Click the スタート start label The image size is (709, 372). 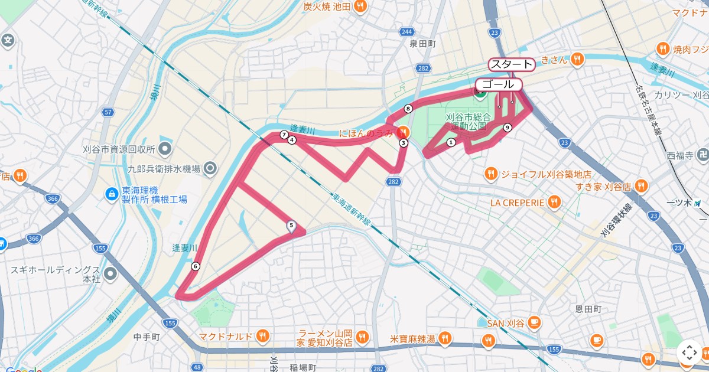(512, 64)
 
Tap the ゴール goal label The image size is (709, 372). (499, 84)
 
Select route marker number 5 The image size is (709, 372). (291, 225)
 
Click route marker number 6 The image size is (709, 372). (196, 266)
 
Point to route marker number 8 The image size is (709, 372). (408, 109)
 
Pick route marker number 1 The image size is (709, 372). (451, 142)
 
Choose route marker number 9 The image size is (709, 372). (507, 128)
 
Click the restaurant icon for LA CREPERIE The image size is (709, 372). (554, 203)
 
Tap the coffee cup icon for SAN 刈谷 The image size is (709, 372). (535, 322)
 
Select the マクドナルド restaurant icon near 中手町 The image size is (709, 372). (263, 337)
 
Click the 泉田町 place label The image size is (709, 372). (422, 44)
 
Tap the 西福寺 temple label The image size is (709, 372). (679, 156)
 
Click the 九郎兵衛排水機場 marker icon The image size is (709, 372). (210, 169)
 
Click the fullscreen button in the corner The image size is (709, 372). (690, 353)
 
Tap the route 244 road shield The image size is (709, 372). (406, 31)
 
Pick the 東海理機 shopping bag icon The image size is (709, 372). (110, 193)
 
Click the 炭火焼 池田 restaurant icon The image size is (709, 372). (360, 6)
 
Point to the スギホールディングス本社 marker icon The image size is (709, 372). (110, 273)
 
